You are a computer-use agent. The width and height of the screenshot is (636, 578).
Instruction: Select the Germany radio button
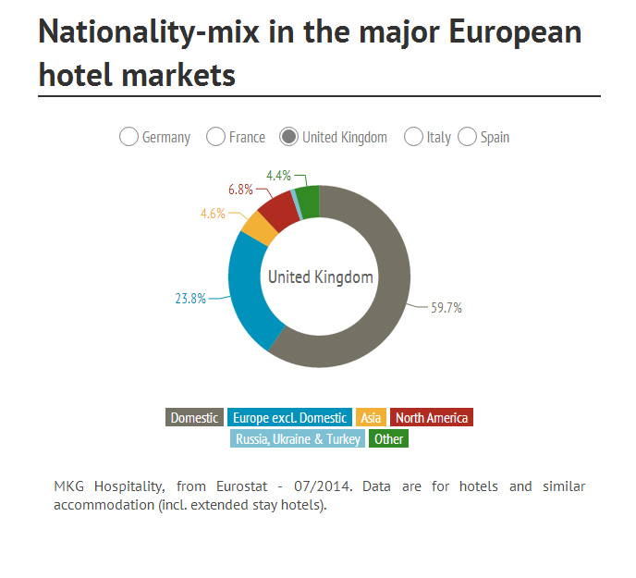pos(129,137)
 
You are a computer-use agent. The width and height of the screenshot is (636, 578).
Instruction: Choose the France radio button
pos(215,137)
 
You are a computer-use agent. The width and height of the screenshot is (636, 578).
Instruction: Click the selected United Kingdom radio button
pos(289,137)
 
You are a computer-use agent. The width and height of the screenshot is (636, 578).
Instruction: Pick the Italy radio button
pos(413,137)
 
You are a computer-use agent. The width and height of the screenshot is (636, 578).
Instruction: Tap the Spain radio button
pos(467,137)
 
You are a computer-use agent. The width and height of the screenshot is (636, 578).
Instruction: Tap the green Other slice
pos(309,200)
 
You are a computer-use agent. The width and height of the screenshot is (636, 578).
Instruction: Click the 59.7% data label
pos(446,309)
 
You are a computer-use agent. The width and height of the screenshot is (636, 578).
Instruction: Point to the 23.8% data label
pos(190,299)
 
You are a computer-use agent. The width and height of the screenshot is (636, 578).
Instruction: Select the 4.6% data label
pos(213,214)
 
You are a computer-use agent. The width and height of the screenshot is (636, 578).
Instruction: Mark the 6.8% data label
pos(240,190)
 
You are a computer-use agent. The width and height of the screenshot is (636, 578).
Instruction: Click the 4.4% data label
pos(278,175)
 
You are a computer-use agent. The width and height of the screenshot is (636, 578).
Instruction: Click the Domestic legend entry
pos(194,418)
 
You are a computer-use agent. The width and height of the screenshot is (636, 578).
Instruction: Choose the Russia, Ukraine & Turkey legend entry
pos(298,439)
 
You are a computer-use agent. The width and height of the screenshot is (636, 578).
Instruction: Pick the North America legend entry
pos(431,418)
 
